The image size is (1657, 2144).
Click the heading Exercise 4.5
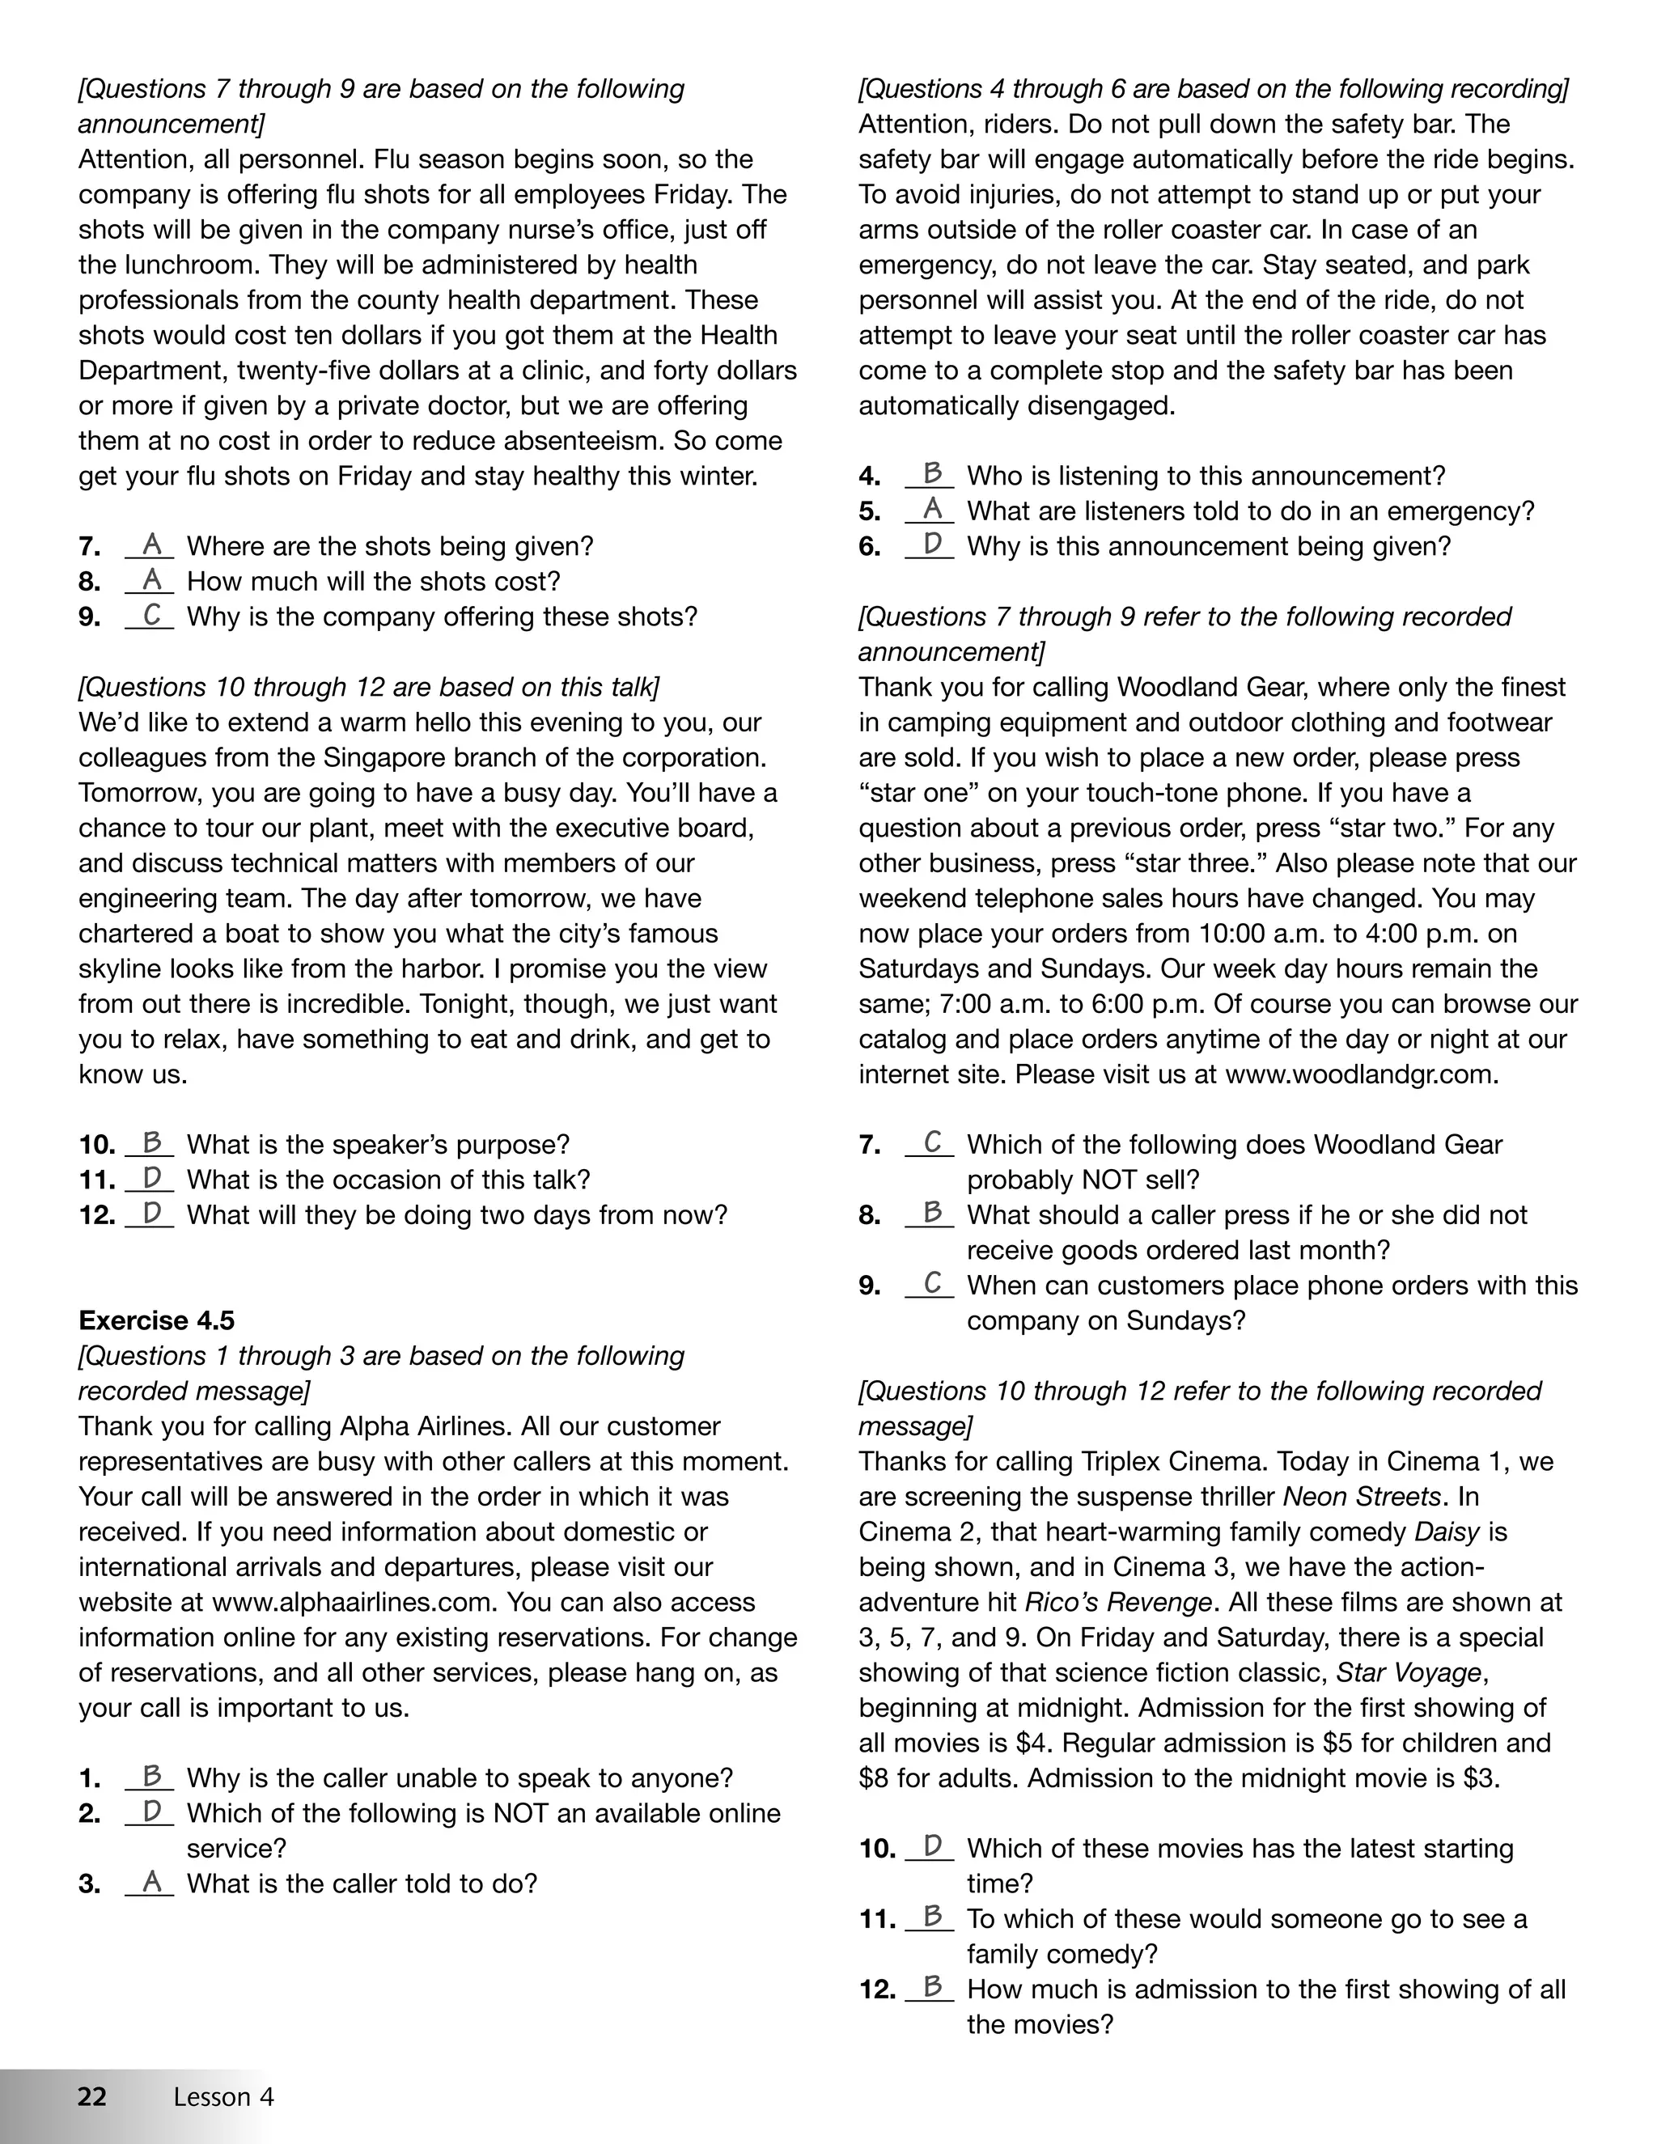point(156,1320)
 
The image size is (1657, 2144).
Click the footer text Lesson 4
point(224,2097)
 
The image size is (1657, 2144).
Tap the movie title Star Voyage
point(1409,1673)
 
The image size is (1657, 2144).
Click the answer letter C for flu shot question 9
point(151,616)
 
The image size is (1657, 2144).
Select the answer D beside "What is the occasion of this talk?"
point(151,1178)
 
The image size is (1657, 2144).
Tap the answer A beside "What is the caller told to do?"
point(151,1882)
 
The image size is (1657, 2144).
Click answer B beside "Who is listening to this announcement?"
point(931,474)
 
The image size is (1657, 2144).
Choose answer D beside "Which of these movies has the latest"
point(931,1846)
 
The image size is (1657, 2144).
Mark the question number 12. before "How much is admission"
point(876,1990)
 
